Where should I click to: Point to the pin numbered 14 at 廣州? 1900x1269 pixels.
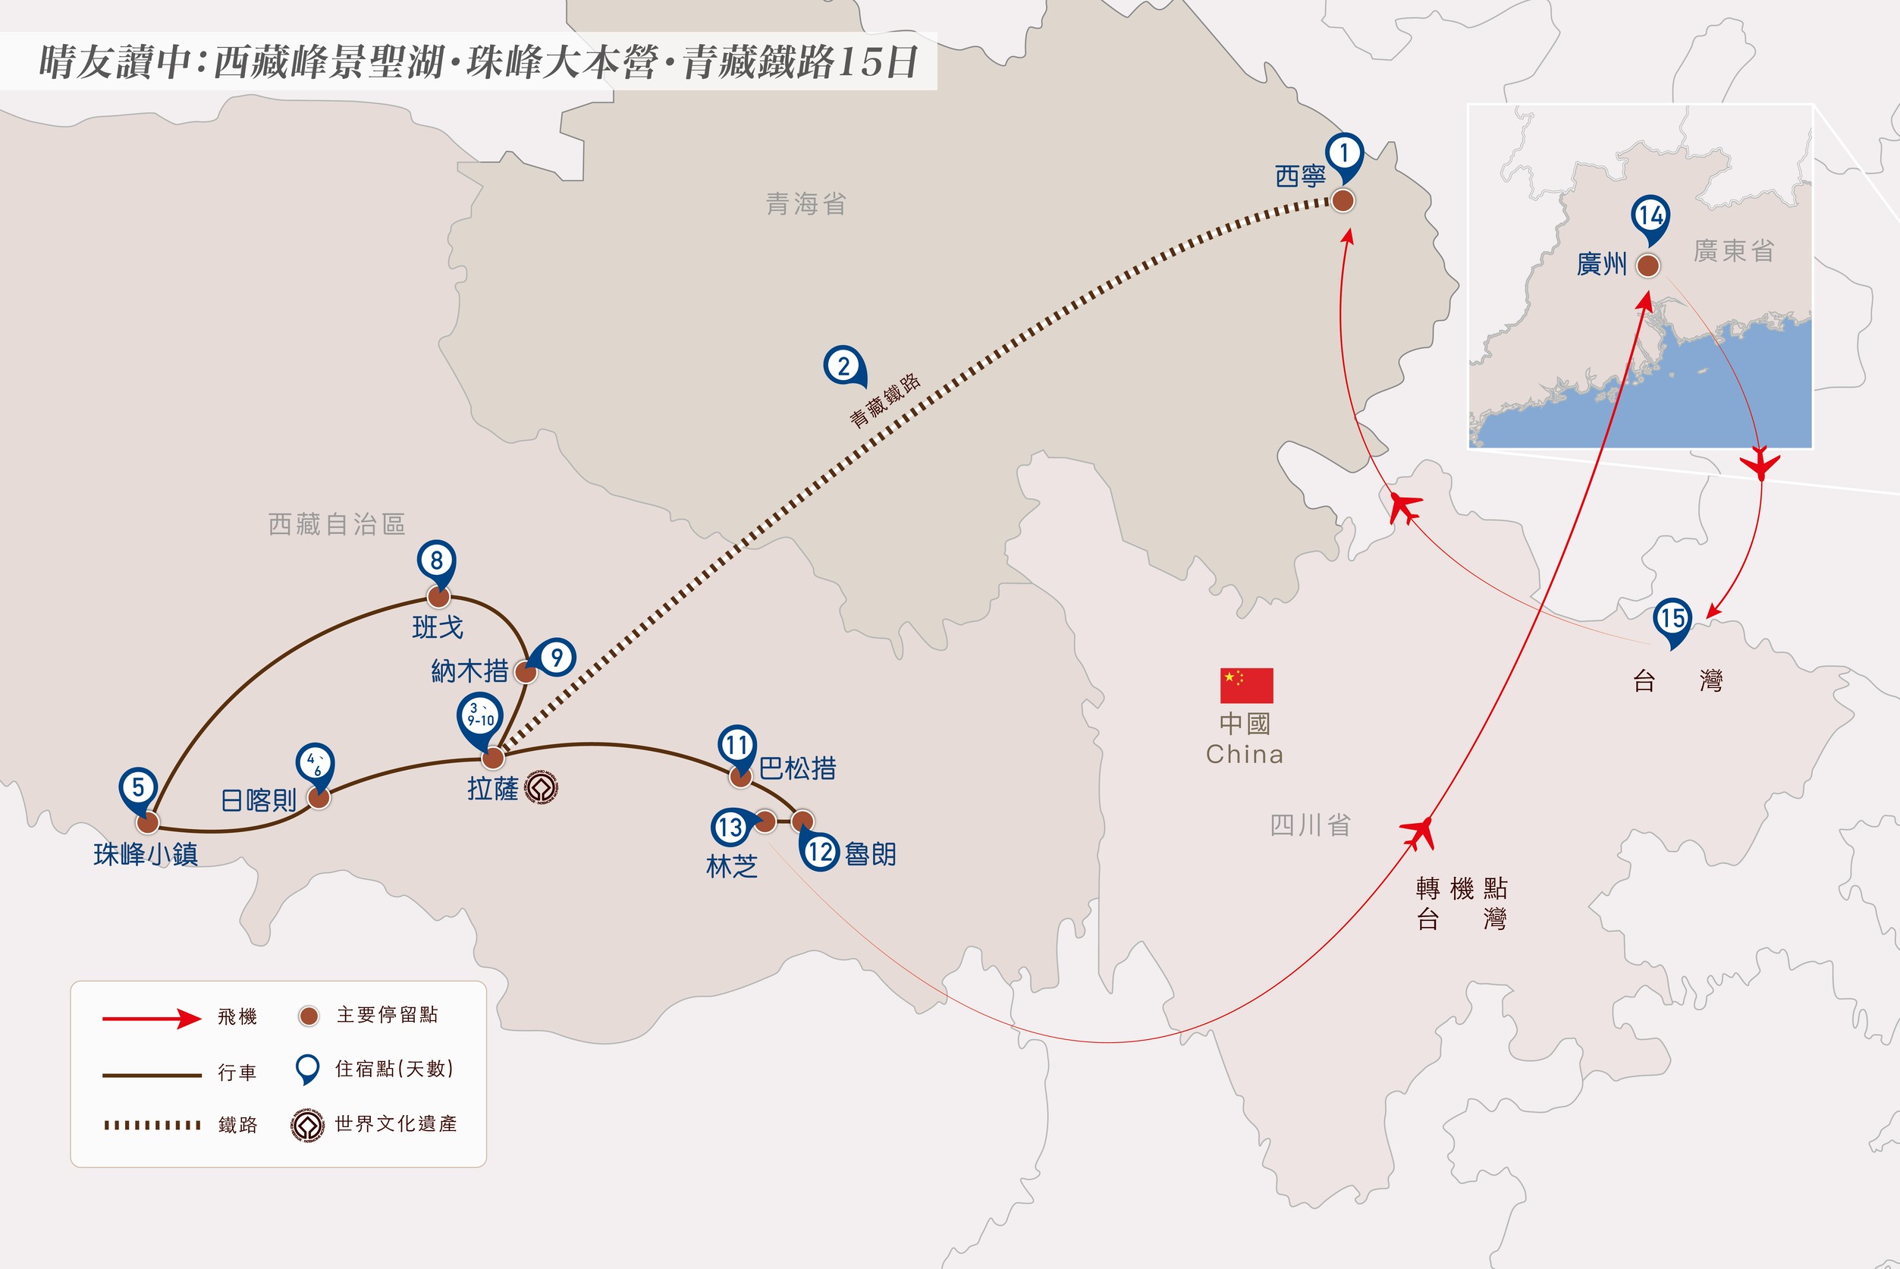(x=1650, y=219)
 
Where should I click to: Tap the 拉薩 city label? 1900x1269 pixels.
(x=493, y=788)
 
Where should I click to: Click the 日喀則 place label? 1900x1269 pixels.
(x=259, y=800)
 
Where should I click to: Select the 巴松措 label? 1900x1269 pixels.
(x=798, y=768)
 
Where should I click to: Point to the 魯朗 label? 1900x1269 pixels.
(x=871, y=854)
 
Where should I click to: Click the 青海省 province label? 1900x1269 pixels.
(x=806, y=204)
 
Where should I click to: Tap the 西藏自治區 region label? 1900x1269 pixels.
(x=337, y=524)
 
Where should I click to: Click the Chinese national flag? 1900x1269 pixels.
(x=1247, y=686)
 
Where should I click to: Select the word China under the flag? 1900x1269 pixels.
(x=1245, y=754)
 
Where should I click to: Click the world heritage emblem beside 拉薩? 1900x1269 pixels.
(x=542, y=787)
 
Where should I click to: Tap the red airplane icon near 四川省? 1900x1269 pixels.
(x=1417, y=834)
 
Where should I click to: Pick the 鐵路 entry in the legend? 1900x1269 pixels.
(x=238, y=1125)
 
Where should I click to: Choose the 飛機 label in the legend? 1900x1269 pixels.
(x=237, y=1016)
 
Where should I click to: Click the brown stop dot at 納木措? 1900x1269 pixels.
(x=525, y=673)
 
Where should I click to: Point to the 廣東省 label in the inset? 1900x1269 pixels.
(x=1734, y=251)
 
